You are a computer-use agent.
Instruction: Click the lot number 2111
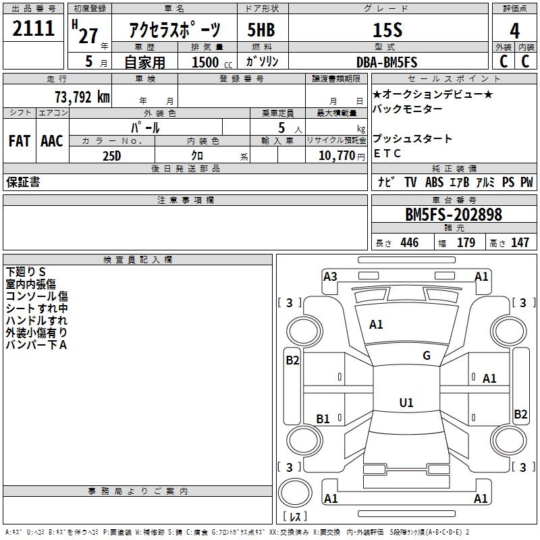34,28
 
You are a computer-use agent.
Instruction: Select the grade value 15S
387,30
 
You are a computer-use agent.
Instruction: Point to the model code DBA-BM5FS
387,62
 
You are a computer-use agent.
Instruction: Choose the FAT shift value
19,141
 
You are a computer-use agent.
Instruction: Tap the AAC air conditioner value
52,141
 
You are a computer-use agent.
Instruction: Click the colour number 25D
111,155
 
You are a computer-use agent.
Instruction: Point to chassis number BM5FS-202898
454,215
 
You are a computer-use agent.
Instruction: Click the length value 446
409,243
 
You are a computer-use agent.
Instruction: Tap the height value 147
520,243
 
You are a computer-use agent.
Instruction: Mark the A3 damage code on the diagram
330,276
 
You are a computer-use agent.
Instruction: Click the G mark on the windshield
427,356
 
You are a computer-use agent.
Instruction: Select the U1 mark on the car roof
406,403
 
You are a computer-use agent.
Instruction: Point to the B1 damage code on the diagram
323,419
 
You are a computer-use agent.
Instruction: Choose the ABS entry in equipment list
434,182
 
